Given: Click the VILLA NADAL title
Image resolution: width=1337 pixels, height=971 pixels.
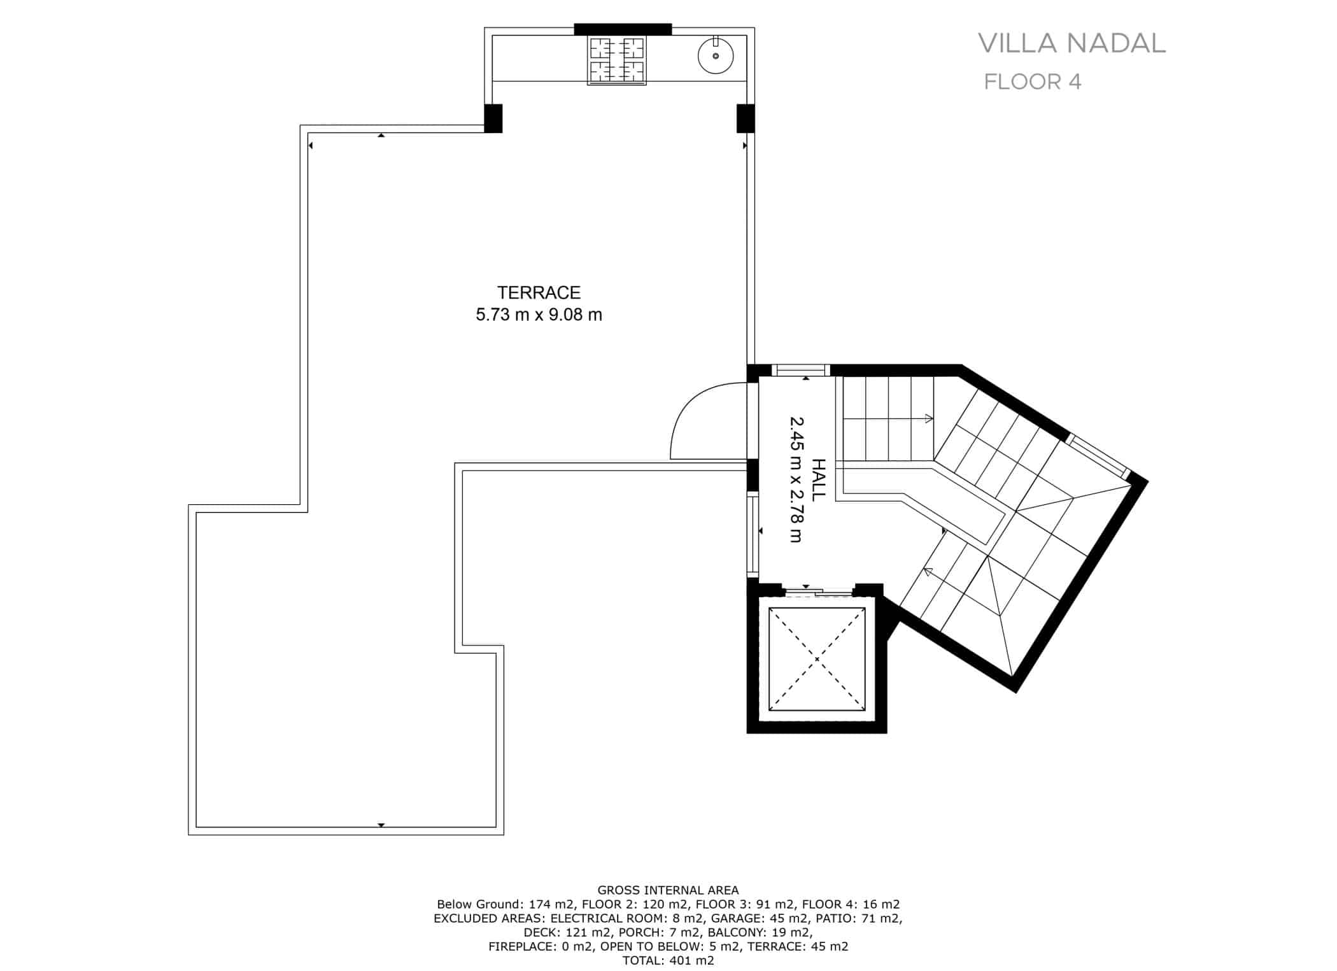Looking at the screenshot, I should [1072, 43].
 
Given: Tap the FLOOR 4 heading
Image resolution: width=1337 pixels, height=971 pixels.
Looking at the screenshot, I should [1032, 82].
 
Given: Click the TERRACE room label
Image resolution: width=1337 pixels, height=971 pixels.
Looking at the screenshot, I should [539, 293].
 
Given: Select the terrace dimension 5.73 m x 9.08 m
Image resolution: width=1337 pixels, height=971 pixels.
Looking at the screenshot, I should [539, 315].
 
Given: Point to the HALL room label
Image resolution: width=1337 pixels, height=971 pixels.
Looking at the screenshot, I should [818, 479].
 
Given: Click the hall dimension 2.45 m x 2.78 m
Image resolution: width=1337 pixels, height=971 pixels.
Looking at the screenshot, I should [796, 479].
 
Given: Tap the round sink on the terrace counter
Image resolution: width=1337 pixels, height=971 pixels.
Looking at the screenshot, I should [716, 56].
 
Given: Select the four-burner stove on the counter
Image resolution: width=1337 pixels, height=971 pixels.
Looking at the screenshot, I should [616, 60].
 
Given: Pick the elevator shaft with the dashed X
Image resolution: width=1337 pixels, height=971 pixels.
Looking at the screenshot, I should [817, 658].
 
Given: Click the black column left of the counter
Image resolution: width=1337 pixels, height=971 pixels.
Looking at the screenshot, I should [493, 118].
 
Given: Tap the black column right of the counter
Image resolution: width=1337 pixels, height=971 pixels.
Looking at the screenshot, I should [746, 118].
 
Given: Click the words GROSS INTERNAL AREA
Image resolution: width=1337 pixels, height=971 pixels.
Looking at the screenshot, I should [668, 890].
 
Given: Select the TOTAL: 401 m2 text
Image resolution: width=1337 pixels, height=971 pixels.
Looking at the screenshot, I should [668, 960].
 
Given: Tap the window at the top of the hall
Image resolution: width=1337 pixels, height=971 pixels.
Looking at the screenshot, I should [800, 370].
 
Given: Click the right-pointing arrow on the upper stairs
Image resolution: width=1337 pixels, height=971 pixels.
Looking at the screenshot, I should [929, 418].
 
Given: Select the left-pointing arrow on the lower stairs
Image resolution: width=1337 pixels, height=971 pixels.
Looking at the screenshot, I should [928, 572].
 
